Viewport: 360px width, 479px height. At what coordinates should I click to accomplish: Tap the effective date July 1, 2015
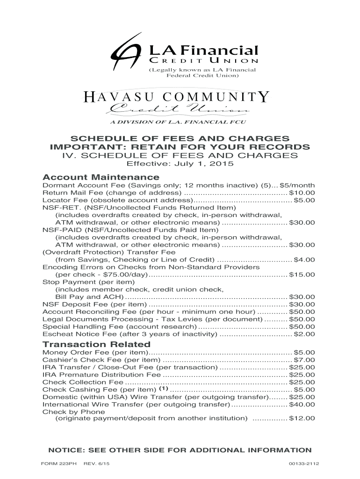pos(180,165)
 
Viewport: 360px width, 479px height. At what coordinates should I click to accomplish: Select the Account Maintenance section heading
pos(101,178)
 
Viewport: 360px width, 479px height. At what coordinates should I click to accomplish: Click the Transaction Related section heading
pos(96,344)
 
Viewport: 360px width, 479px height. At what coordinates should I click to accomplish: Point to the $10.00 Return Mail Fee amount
pos(302,193)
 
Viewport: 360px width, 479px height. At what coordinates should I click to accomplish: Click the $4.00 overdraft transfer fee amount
pos(304,260)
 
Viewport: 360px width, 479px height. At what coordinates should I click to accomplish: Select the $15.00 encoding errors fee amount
pos(302,275)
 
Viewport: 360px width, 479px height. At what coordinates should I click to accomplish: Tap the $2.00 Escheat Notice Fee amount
pos(304,334)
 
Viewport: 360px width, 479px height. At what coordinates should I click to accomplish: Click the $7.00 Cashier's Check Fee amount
pos(304,360)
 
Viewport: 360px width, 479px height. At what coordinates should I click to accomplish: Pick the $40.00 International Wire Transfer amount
pos(302,404)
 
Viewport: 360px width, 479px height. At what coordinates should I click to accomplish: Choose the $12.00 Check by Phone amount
pos(302,419)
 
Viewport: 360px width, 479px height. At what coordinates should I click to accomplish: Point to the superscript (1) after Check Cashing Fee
pos(163,388)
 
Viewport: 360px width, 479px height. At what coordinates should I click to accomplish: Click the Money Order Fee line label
pos(95,352)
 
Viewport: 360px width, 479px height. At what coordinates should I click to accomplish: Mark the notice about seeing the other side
pos(180,450)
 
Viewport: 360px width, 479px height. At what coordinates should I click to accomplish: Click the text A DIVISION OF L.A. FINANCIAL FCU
pos(177,122)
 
